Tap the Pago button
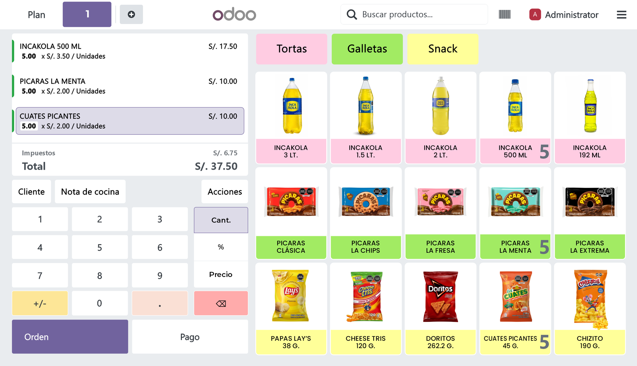[x=190, y=337]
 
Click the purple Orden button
[x=70, y=337]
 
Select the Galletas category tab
[x=367, y=49]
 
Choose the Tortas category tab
[x=291, y=49]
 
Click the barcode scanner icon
[x=504, y=15]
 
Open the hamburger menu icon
[x=621, y=15]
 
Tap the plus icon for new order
[x=131, y=15]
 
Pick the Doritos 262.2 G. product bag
[x=440, y=297]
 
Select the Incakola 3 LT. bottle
[x=291, y=106]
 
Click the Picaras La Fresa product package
[x=440, y=202]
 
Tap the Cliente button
[x=32, y=192]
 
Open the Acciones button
[x=225, y=192]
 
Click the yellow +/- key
[x=40, y=303]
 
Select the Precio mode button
[x=221, y=274]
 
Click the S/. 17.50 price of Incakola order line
[x=223, y=46]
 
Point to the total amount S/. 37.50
[x=216, y=166]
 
